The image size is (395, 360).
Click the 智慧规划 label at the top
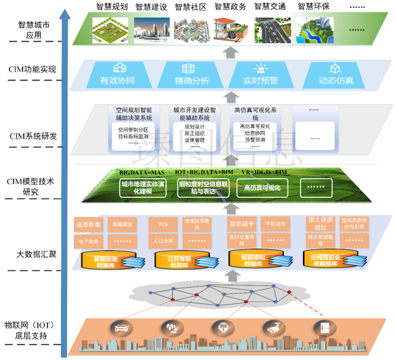[x=112, y=7]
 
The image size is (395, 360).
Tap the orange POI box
[x=163, y=224]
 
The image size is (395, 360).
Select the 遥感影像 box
[x=87, y=224]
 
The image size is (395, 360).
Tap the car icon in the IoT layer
[x=119, y=327]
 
